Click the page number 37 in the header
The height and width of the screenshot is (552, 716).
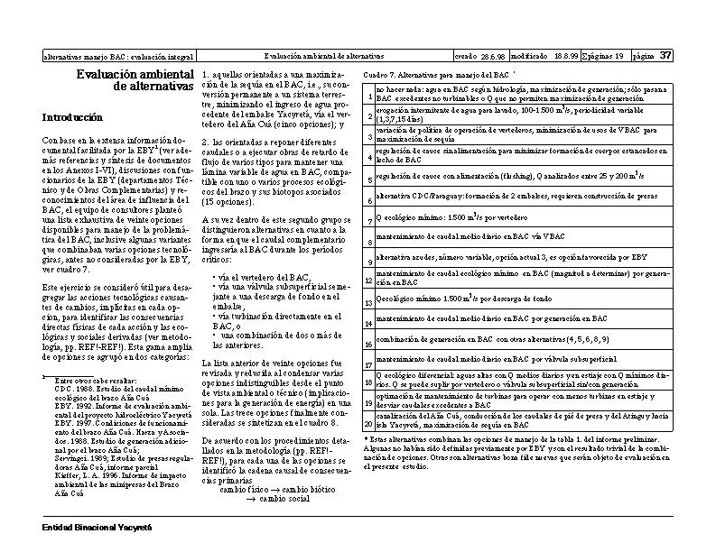pos(665,55)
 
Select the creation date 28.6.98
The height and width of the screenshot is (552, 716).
pos(493,56)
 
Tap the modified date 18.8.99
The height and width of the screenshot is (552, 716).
pos(566,56)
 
